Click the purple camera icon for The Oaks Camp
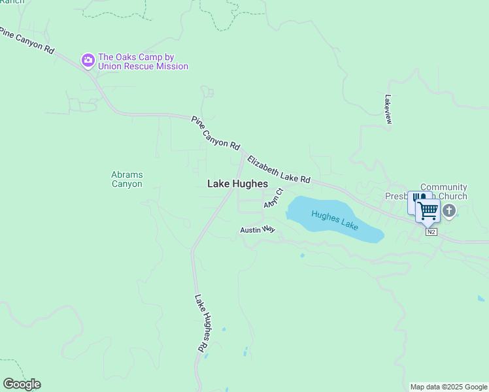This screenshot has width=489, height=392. point(88,61)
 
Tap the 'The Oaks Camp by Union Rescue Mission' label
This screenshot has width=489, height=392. point(143,61)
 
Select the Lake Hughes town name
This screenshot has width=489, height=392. point(237,184)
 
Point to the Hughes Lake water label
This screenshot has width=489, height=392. point(335,220)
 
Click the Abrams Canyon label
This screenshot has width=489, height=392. point(127,179)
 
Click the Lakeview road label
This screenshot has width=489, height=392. point(388,109)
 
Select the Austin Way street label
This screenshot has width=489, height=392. point(258,230)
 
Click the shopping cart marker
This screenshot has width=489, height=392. point(428,211)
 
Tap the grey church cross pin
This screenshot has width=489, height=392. point(449,211)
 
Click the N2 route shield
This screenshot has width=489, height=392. point(430,232)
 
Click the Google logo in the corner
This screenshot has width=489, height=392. point(22,384)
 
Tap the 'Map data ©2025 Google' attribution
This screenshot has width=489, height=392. point(448,387)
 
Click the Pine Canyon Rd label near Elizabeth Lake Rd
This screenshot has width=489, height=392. point(216,133)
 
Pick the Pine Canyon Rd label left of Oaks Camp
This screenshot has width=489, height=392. point(26,41)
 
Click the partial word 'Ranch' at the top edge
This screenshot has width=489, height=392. point(12,2)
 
